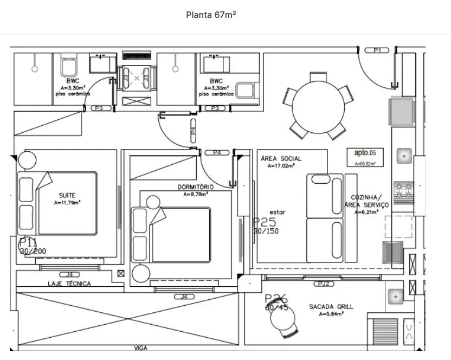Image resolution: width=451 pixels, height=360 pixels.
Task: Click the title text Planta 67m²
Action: click(211, 15)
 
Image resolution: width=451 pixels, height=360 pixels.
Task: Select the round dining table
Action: click(318, 106)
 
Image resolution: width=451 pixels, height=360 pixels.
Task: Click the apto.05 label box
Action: click(365, 157)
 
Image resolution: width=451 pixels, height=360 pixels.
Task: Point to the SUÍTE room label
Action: click(67, 195)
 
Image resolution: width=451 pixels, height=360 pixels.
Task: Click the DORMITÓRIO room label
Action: click(196, 187)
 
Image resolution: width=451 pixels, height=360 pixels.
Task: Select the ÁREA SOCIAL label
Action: click(281, 159)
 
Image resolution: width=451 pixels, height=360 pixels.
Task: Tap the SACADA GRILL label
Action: click(331, 307)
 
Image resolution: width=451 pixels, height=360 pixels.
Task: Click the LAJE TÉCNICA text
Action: click(69, 284)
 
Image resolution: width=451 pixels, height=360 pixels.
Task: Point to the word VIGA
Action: click(140, 348)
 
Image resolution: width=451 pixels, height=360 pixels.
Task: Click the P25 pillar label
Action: click(265, 222)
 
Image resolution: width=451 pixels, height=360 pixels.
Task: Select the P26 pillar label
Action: click(276, 299)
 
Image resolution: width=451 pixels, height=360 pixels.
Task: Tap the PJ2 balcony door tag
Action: click(324, 284)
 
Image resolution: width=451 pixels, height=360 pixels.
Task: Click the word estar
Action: click(277, 213)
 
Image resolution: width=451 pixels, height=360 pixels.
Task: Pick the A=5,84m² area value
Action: click(331, 314)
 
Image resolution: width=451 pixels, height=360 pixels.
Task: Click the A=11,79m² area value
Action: click(67, 203)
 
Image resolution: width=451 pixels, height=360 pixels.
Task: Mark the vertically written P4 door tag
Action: click(194, 131)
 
